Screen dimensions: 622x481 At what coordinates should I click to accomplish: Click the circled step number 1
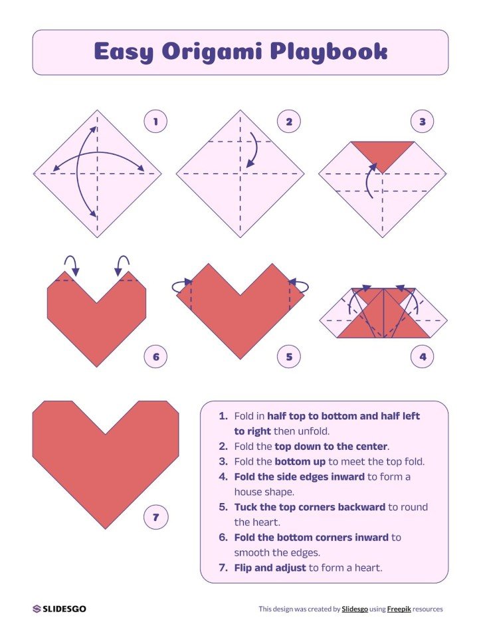155,122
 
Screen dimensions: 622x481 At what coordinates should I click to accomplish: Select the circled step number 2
289,122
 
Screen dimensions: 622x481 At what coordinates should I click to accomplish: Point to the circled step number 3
422,122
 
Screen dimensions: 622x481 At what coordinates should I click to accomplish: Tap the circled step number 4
422,358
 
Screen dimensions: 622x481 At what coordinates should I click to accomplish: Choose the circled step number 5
289,358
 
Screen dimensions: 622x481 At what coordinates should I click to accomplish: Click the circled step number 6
155,358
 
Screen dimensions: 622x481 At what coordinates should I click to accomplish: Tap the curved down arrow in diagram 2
252,150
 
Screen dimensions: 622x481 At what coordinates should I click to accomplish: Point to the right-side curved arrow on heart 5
300,287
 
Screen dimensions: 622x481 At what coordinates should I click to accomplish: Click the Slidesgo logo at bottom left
59,609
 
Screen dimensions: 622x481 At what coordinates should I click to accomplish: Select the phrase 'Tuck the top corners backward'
310,507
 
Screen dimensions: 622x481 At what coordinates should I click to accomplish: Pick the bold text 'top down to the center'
331,447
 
